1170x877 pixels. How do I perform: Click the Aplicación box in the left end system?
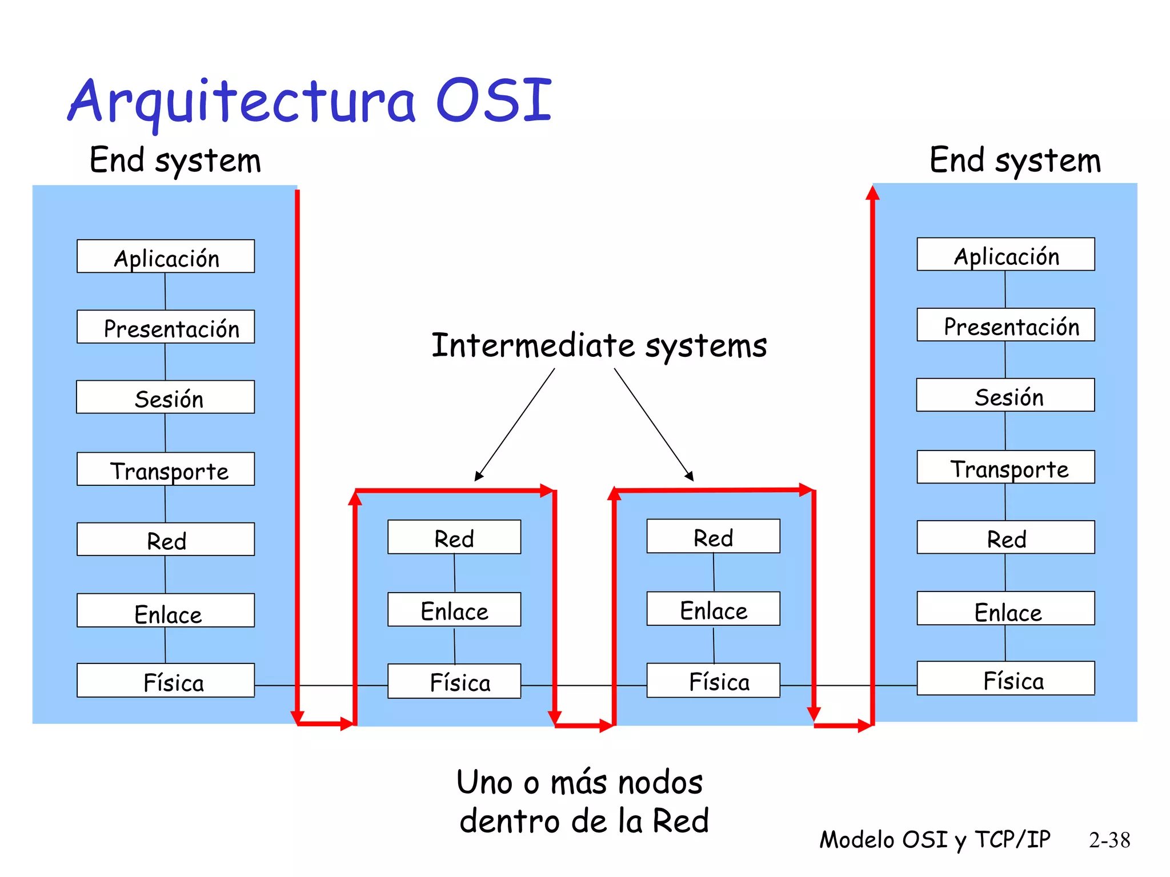tap(166, 256)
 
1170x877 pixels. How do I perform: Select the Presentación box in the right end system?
tap(1005, 325)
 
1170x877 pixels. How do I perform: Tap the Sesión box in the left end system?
tap(166, 397)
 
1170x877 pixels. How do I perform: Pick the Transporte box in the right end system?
tap(1005, 468)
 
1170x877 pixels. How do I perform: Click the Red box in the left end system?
tap(166, 540)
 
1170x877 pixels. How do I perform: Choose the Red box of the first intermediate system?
tap(454, 537)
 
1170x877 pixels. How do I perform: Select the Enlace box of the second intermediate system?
tap(713, 609)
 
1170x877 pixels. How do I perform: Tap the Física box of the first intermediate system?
tap(454, 681)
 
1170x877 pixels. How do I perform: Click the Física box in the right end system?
tap(1005, 679)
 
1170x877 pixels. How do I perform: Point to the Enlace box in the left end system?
tap(166, 611)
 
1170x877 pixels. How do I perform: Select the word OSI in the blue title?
tap(494, 100)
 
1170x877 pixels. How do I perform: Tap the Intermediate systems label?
tap(599, 346)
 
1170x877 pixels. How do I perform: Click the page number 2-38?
tap(1109, 840)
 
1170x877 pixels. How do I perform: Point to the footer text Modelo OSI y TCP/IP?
tap(935, 840)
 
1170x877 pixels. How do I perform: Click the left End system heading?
tap(175, 160)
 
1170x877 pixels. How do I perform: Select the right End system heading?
tap(1015, 160)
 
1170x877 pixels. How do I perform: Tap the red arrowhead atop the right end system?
tap(872, 192)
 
